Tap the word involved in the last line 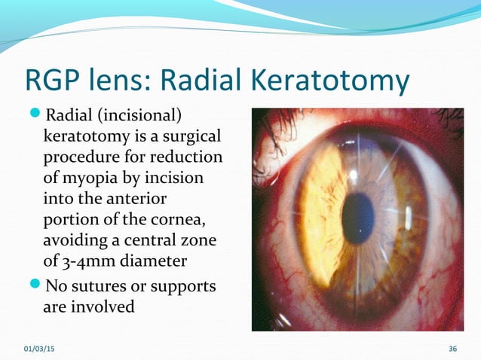pyautogui.click(x=103, y=307)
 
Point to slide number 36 pyautogui.click(x=452, y=348)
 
